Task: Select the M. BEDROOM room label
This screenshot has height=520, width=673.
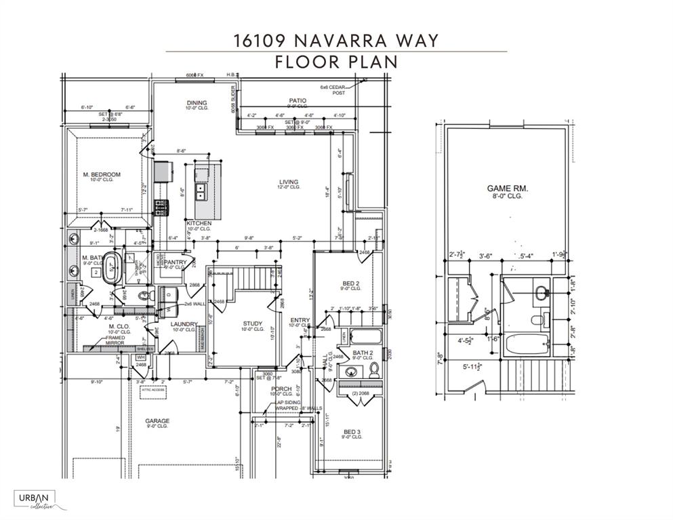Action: pos(102,175)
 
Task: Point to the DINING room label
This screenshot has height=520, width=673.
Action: pos(197,104)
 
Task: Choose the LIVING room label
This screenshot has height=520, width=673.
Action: pos(289,182)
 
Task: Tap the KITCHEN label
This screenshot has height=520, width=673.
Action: pos(199,223)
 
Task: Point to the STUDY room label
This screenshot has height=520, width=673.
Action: pos(252,324)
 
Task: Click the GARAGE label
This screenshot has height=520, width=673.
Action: pos(157,421)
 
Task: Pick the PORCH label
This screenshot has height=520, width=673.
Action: pos(281,389)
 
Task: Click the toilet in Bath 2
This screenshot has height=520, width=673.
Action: pos(373,370)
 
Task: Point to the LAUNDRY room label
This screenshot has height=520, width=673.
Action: pos(184,324)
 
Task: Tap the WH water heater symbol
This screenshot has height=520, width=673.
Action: pos(141,357)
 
